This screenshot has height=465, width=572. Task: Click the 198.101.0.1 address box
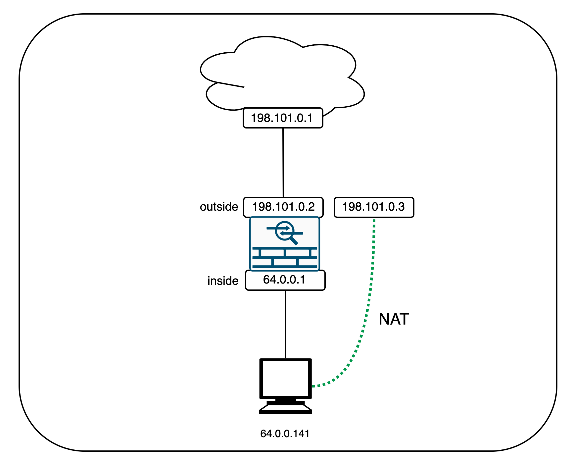pos(283,118)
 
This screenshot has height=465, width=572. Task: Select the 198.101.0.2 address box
pos(283,207)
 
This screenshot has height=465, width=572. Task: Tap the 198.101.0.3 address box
pos(374,207)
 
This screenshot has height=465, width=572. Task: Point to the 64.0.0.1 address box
pos(285,280)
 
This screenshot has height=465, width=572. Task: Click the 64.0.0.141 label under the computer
pos(285,434)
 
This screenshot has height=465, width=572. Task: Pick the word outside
pos(219,207)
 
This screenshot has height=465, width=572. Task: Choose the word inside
pos(223,281)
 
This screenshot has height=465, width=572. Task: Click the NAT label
pos(394,319)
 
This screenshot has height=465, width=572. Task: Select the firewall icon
pos(285,244)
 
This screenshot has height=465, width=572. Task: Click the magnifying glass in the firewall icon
pos(285,232)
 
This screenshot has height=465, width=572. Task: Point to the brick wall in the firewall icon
pos(285,257)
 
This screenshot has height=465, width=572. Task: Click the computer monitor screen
pos(285,378)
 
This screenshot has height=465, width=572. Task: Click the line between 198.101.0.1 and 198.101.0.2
pos(283,162)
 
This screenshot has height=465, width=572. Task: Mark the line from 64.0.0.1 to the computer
pos(285,325)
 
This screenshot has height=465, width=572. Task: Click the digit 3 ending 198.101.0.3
pos(401,207)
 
